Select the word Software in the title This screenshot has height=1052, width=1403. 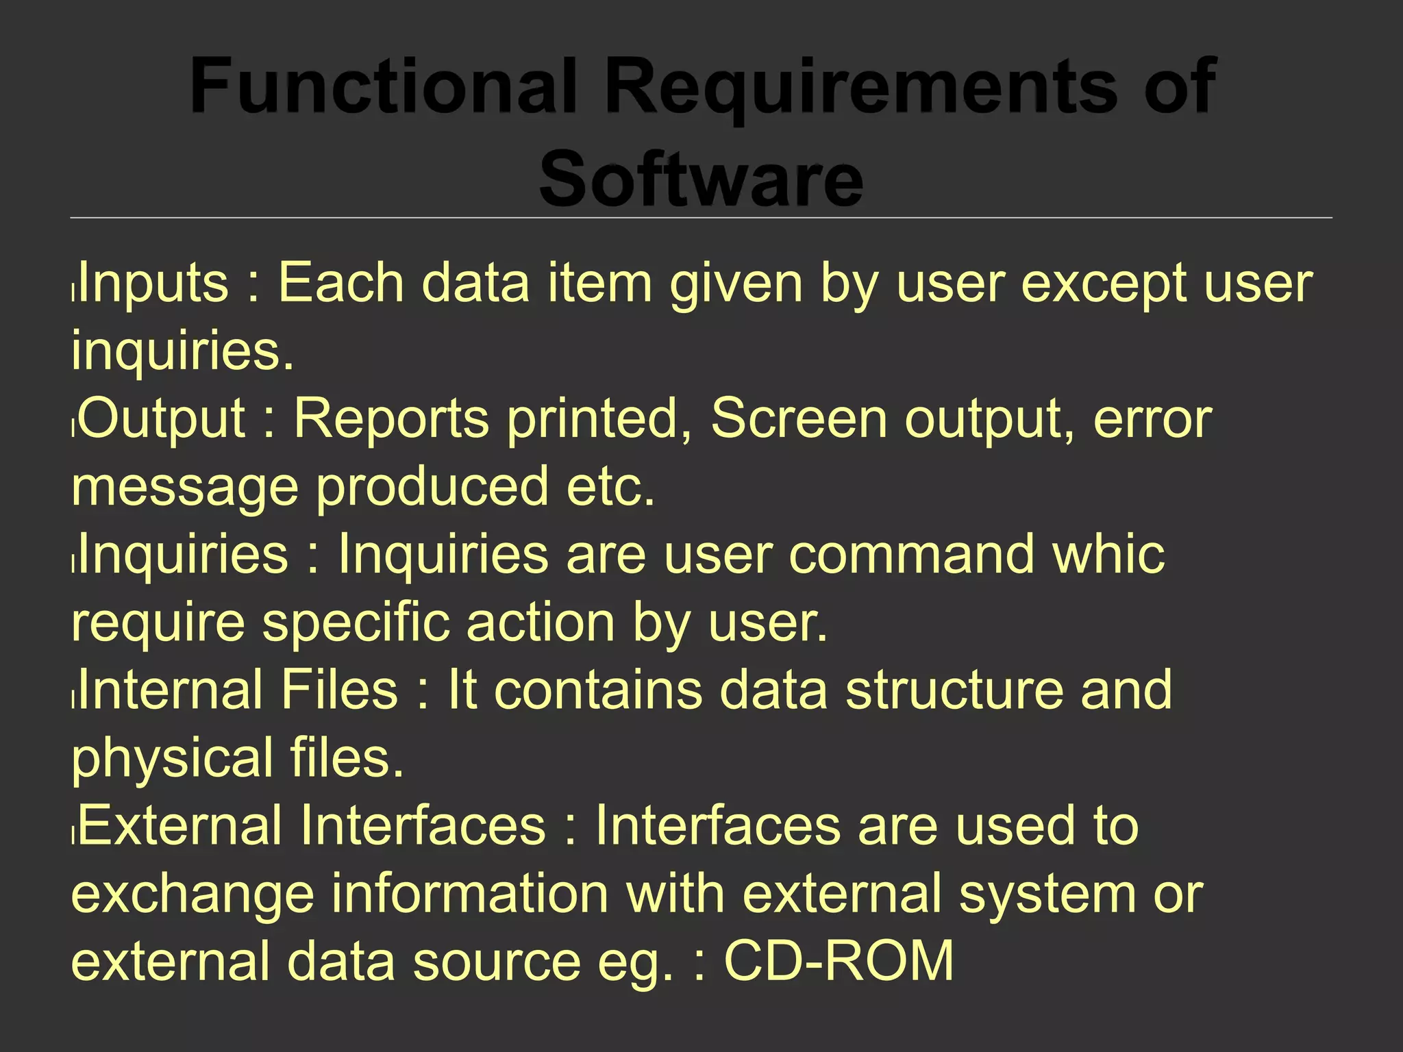click(701, 179)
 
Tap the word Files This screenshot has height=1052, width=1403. click(339, 689)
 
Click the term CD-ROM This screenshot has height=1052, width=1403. click(839, 960)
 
